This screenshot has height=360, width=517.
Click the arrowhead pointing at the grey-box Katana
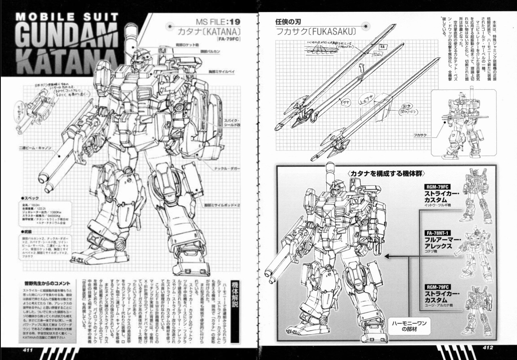(387, 256)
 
